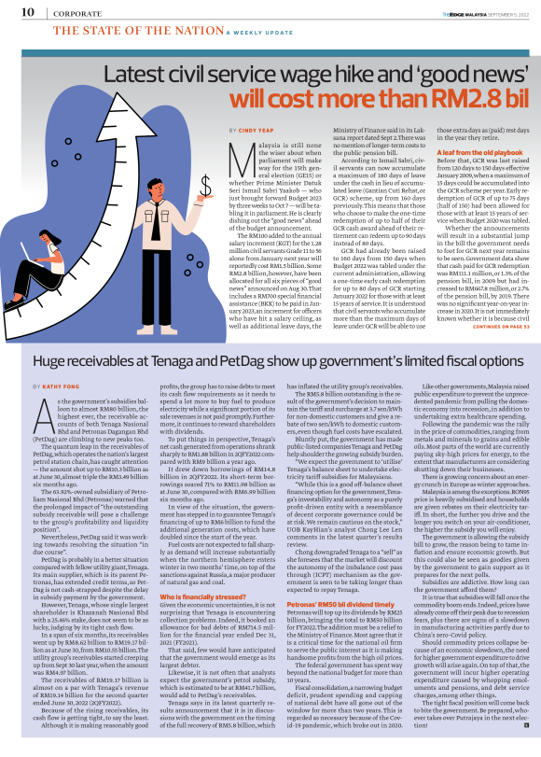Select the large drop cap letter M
click(x=239, y=154)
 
